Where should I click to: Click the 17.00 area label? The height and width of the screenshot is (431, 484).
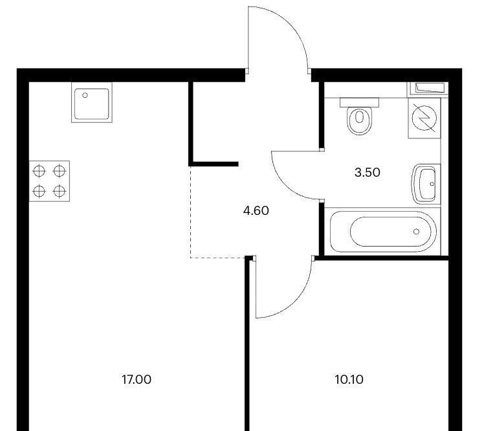137,379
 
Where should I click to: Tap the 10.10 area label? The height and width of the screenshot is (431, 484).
349,379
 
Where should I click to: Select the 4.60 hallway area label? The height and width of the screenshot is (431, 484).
256,210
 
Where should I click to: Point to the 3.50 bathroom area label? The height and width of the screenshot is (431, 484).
367,172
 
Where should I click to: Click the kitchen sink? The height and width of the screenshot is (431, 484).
92,102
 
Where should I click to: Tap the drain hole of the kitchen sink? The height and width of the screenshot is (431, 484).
85,95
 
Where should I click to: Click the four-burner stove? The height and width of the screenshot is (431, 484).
49,181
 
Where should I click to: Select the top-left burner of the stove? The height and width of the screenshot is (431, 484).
39,171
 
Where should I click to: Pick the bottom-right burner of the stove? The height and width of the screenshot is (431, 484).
60,191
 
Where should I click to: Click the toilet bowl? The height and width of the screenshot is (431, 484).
359,120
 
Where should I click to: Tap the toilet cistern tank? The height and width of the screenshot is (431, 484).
359,102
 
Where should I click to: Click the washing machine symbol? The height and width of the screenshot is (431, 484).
424,118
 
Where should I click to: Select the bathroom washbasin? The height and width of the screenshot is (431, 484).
426,184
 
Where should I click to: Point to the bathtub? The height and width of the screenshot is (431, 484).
383,231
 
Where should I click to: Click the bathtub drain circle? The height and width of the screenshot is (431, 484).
417,232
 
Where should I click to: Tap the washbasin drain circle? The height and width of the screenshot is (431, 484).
432,184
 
